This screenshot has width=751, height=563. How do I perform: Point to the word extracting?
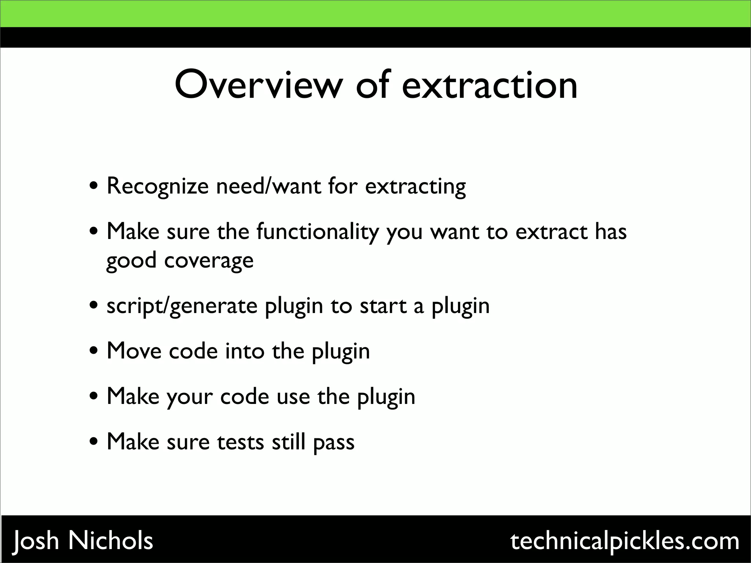point(415,187)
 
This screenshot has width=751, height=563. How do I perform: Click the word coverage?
point(209,261)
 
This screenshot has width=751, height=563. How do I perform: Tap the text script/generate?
point(182,306)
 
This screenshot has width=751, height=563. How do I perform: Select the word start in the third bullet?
point(383,306)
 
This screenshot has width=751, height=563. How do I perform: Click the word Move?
point(134,351)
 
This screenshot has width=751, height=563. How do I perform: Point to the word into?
point(245,351)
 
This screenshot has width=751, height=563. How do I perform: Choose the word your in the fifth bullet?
point(190,397)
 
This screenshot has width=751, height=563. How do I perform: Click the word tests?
point(240,442)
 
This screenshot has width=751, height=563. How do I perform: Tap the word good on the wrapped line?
point(131,261)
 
